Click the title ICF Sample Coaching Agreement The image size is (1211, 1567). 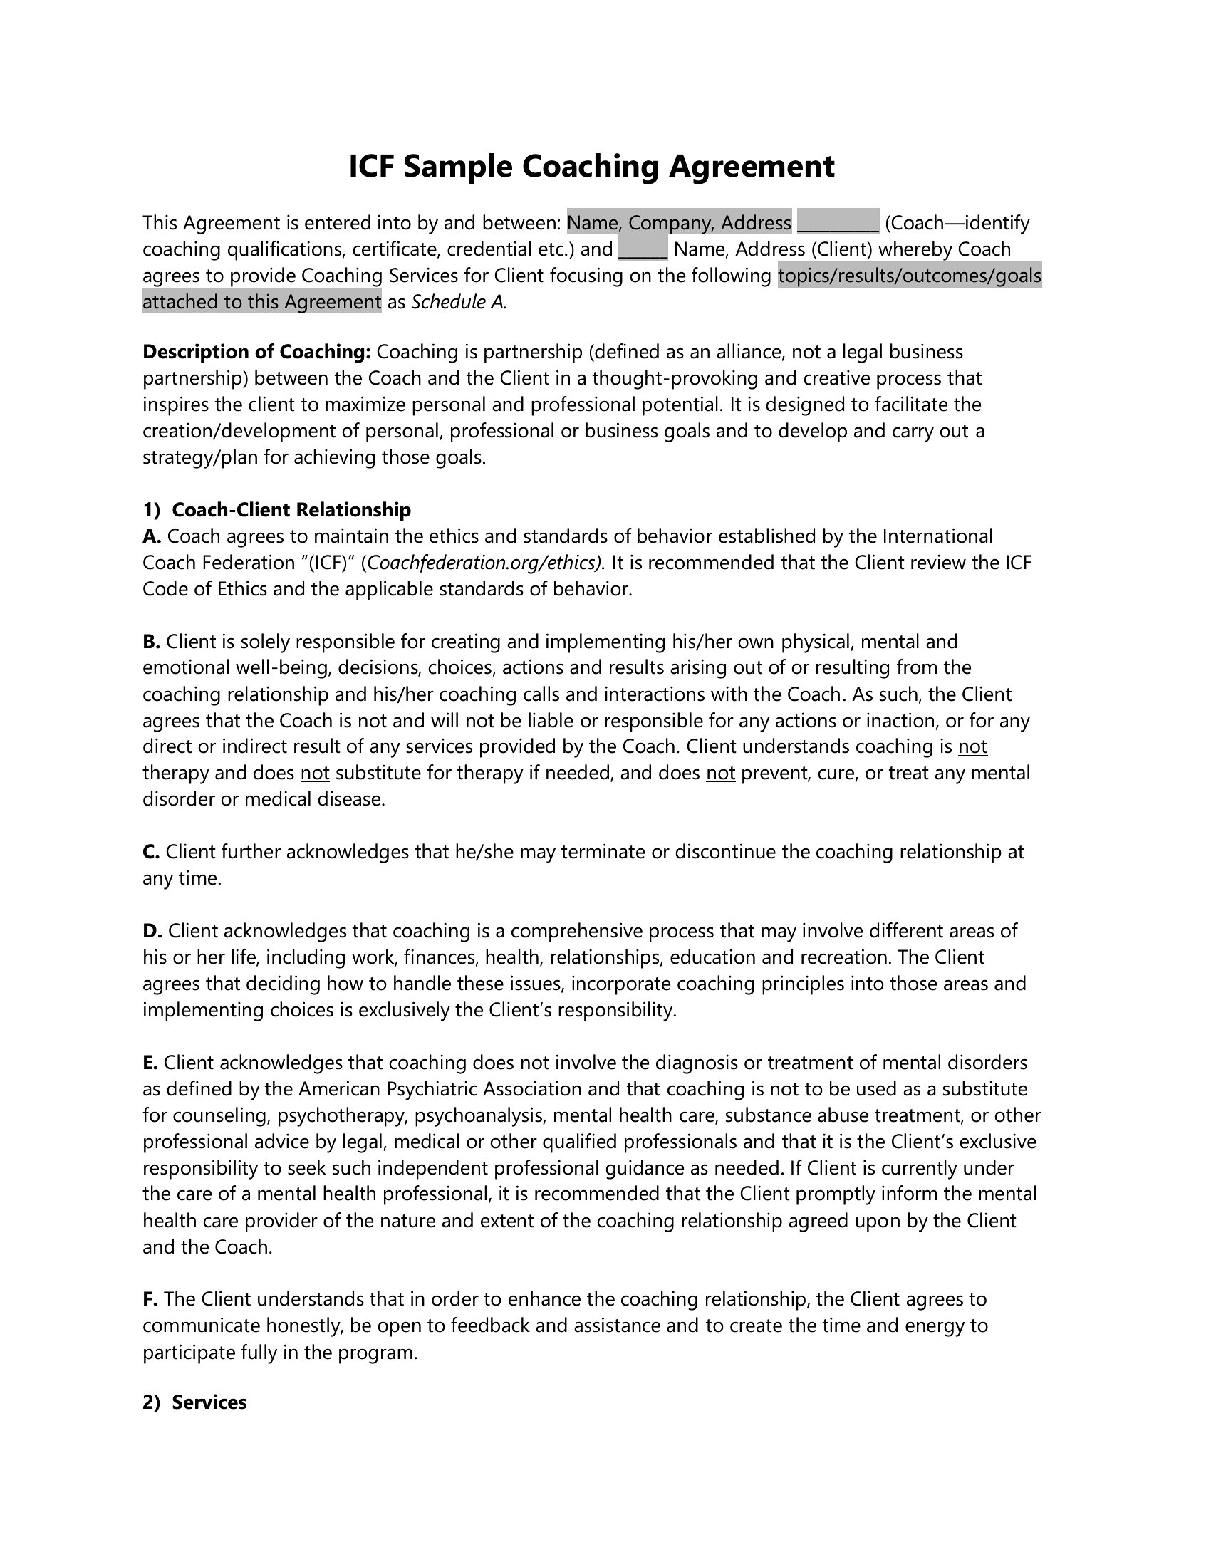pyautogui.click(x=591, y=167)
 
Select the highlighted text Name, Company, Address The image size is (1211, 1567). pyautogui.click(x=679, y=223)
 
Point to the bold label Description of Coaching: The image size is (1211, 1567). pyautogui.click(x=256, y=352)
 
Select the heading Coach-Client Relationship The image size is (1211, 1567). pyautogui.click(x=291, y=510)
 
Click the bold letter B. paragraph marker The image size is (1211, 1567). pyautogui.click(x=151, y=642)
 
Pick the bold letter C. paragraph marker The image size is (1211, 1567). pyautogui.click(x=150, y=852)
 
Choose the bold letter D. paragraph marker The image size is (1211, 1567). pyautogui.click(x=152, y=931)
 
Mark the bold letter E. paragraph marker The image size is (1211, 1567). pyautogui.click(x=150, y=1063)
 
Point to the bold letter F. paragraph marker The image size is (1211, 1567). pyautogui.click(x=150, y=1299)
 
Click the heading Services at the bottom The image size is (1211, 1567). pyautogui.click(x=209, y=1402)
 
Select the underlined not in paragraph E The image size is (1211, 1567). pyautogui.click(x=784, y=1089)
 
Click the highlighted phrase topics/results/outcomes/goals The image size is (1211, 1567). pyautogui.click(x=909, y=276)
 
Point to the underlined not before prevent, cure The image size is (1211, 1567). pyautogui.click(x=720, y=773)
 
